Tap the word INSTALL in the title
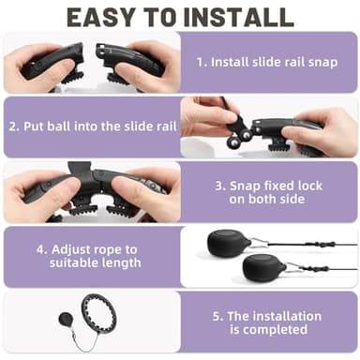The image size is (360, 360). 238,17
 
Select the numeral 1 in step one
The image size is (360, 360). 201,62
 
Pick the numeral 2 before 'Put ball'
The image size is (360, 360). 13,127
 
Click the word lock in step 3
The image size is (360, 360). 309,186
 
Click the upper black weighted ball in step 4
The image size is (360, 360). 228,242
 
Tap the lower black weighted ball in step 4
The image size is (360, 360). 263,266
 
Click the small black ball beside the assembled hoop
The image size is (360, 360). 66,320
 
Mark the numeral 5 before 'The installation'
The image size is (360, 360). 217,316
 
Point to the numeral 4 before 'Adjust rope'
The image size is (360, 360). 40,250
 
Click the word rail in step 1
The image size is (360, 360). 293,62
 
